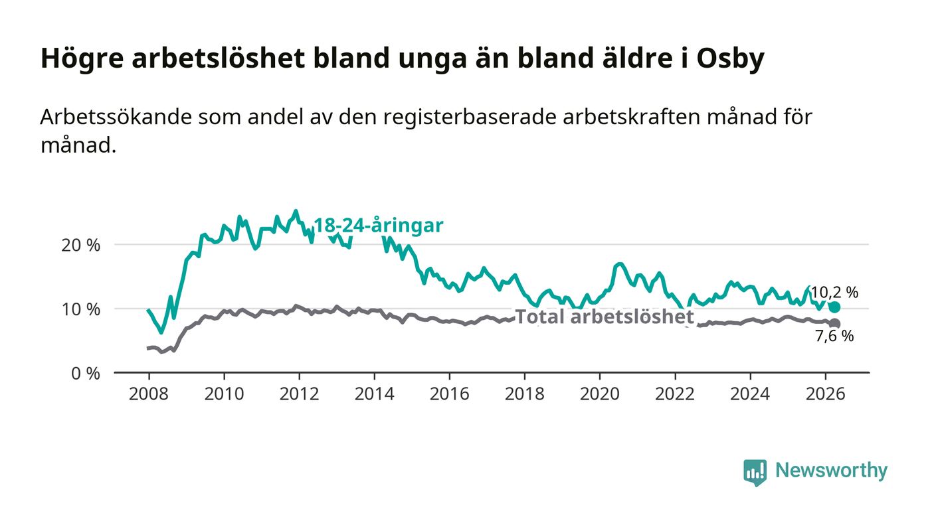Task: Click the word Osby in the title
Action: (730, 59)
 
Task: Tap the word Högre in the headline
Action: (82, 59)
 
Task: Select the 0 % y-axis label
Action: (86, 374)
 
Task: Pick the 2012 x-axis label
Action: (299, 394)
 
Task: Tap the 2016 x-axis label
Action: (449, 394)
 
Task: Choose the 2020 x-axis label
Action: (599, 394)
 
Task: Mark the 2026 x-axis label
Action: (825, 394)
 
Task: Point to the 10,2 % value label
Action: (834, 293)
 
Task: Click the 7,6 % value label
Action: (834, 336)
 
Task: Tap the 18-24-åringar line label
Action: (378, 226)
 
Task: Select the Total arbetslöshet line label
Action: (604, 317)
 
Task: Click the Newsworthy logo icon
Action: (755, 472)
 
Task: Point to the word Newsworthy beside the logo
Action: (832, 471)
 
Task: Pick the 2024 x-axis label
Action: (750, 394)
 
